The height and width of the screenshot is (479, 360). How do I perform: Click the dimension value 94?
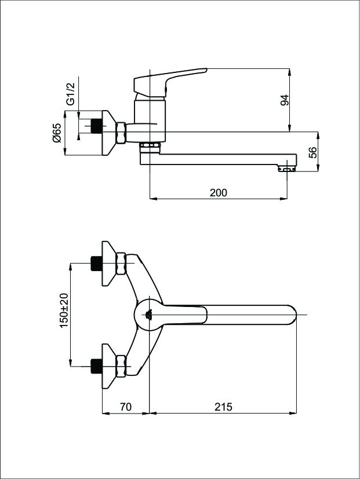[x=285, y=100]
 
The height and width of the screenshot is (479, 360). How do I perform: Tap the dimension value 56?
[x=312, y=152]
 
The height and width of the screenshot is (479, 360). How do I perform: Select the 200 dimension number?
[x=219, y=193]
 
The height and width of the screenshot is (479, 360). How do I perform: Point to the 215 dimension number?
[x=223, y=407]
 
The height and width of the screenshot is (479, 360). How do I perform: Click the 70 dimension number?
[x=126, y=407]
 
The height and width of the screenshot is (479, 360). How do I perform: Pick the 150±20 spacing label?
[x=64, y=310]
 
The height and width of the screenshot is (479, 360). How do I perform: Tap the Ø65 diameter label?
[x=57, y=133]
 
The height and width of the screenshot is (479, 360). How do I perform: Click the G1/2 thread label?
[x=70, y=93]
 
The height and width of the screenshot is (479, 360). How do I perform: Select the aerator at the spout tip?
[x=287, y=169]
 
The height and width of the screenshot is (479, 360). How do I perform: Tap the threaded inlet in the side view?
[x=97, y=126]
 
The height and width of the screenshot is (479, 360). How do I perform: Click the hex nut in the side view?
[x=121, y=133]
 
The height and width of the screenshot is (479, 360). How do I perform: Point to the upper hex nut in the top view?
[x=121, y=264]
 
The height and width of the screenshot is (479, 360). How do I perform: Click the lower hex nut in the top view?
[x=121, y=366]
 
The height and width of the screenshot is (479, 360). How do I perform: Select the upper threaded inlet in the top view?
[x=97, y=264]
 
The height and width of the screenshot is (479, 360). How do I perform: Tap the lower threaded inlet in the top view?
[x=97, y=366]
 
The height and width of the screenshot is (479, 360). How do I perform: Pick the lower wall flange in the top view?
[x=109, y=366]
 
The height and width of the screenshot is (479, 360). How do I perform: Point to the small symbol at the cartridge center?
[x=149, y=314]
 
